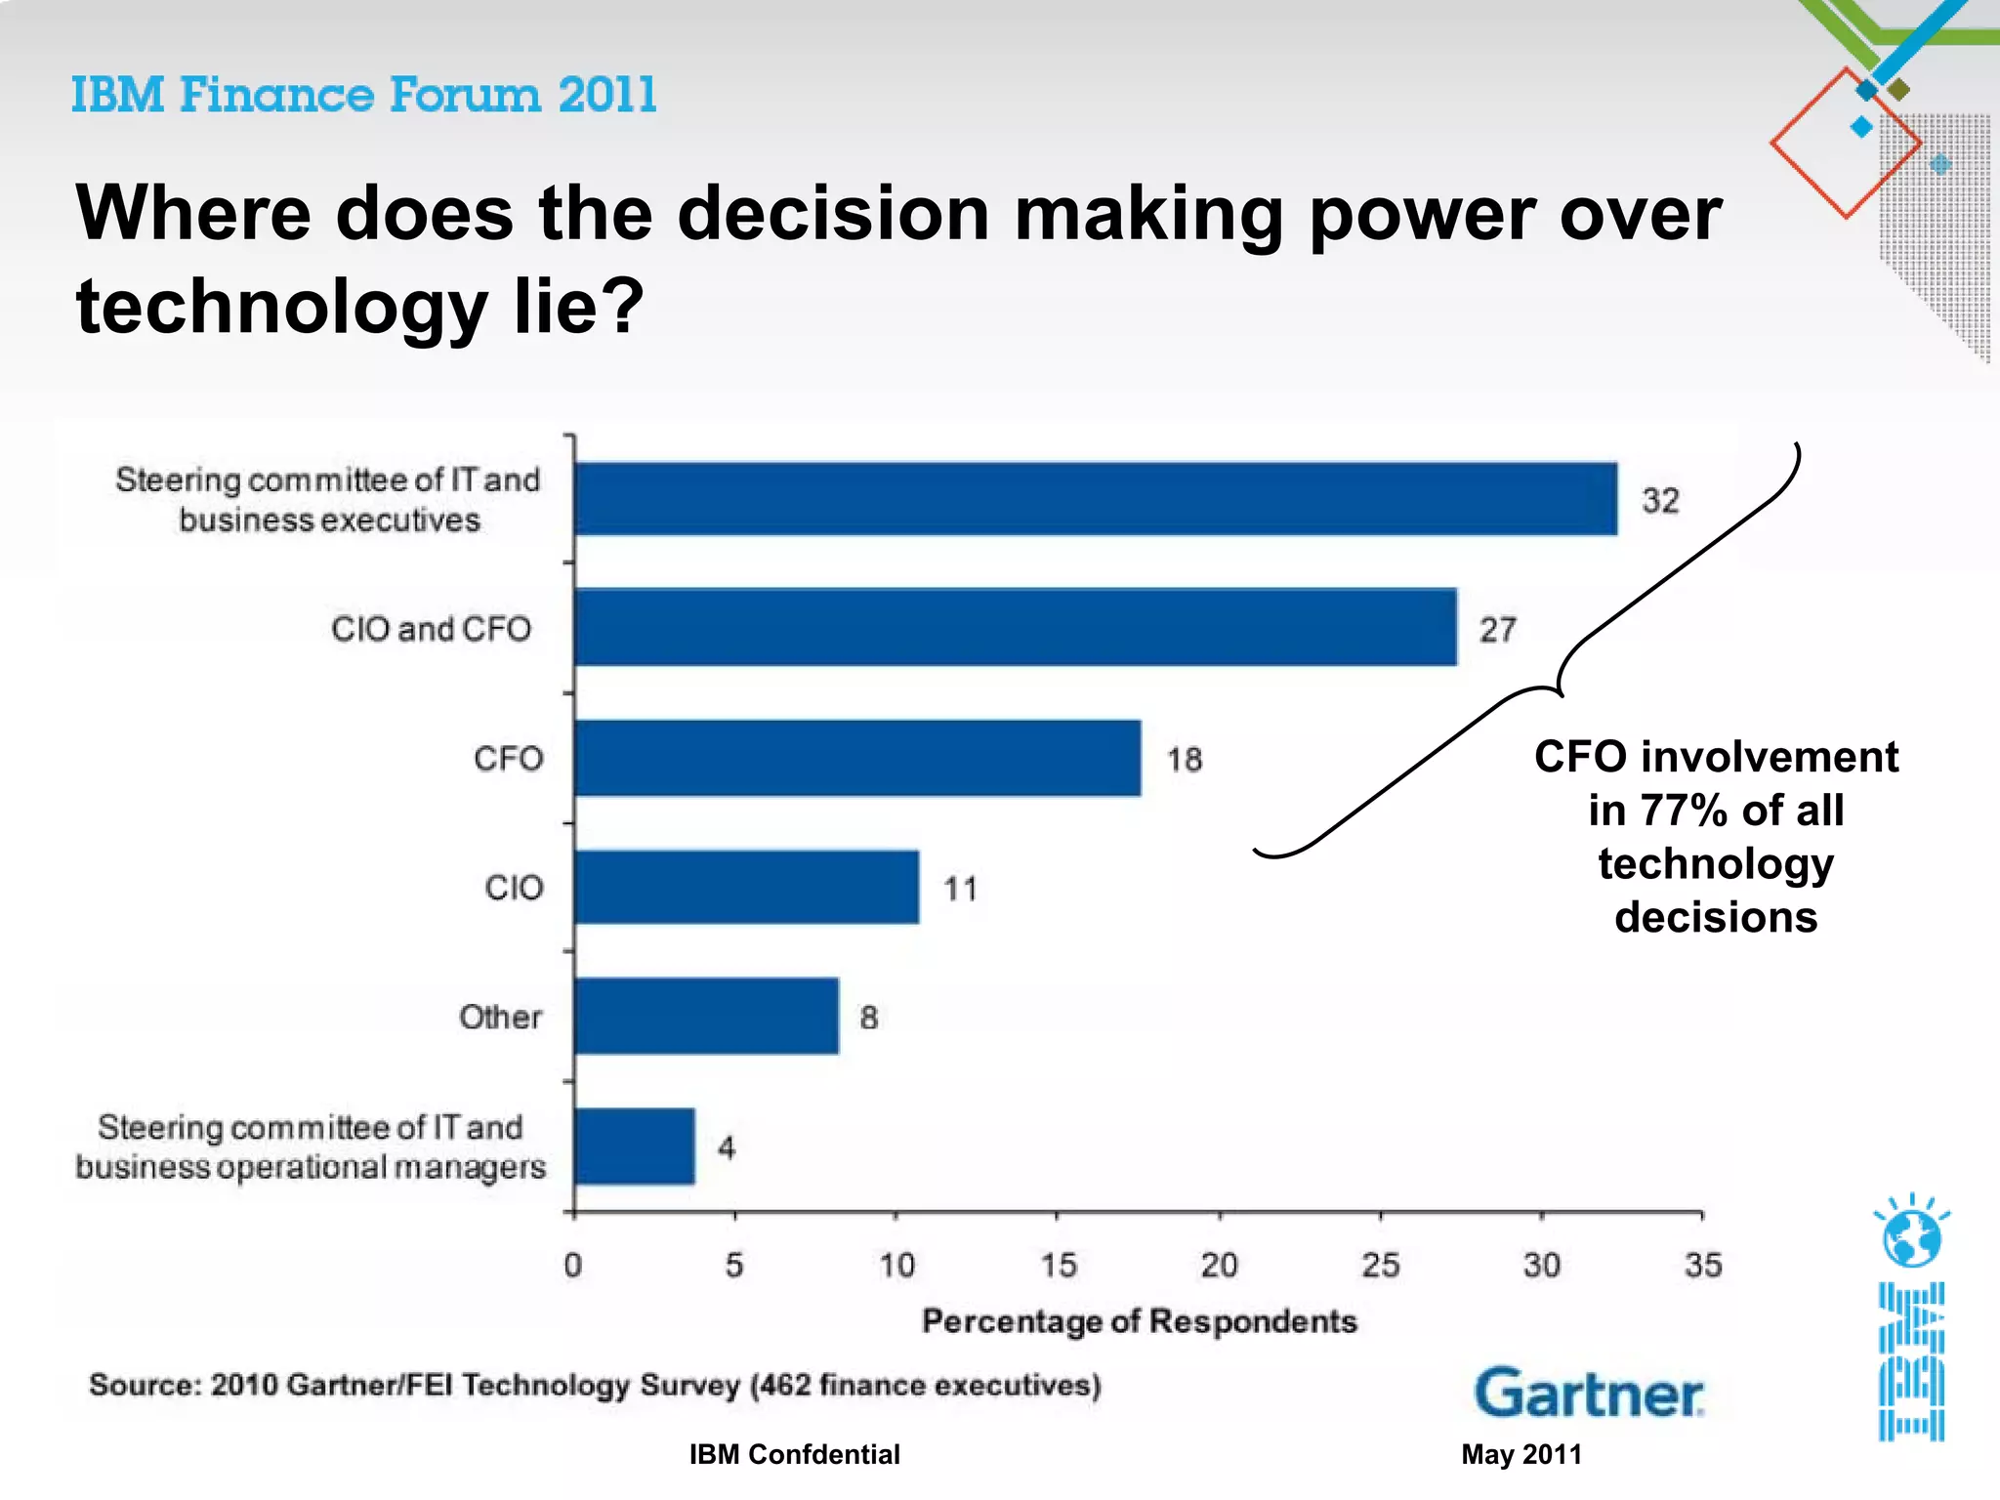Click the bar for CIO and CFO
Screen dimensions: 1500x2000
click(x=1016, y=627)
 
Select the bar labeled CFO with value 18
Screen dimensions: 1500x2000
click(x=857, y=758)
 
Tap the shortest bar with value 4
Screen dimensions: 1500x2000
click(x=635, y=1146)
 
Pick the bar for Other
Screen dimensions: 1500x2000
click(x=706, y=1016)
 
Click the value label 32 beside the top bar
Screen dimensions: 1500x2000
click(x=1660, y=500)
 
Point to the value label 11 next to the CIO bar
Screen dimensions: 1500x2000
click(x=960, y=889)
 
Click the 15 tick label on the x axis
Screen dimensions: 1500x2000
click(x=1058, y=1266)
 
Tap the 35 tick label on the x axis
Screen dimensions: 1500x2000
click(x=1703, y=1266)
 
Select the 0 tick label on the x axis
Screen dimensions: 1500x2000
click(x=573, y=1266)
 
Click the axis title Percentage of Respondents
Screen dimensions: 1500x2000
click(x=1139, y=1321)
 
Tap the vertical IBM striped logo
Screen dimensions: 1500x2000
click(x=1911, y=1362)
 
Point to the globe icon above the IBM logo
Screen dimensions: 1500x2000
click(x=1911, y=1235)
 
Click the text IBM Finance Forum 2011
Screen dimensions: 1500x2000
click(x=363, y=95)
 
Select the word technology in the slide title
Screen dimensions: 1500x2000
click(x=281, y=306)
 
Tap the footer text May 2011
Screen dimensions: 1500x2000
click(x=1521, y=1454)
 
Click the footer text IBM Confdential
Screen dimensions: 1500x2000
click(x=794, y=1454)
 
